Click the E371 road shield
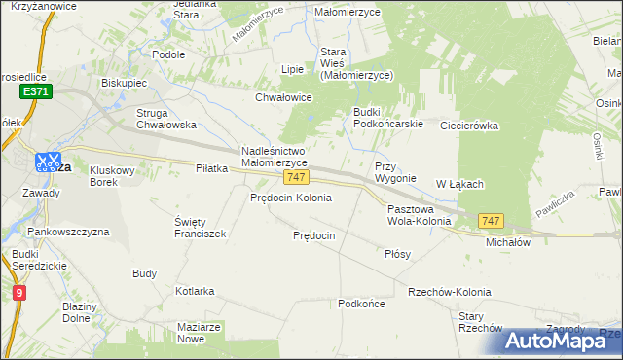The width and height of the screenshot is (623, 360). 34,90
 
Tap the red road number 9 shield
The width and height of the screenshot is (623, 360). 20,292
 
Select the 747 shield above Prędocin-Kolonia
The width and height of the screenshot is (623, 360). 297,178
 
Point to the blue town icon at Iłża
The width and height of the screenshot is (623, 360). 48,162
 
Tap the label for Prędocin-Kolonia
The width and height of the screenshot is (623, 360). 291,198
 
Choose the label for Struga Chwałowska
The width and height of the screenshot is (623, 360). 166,119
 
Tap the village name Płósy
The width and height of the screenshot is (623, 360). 397,254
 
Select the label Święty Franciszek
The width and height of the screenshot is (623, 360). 200,228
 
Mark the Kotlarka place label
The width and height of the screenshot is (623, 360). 195,291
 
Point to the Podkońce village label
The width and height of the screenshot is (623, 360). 361,305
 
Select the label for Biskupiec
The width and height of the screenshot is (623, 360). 126,83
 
